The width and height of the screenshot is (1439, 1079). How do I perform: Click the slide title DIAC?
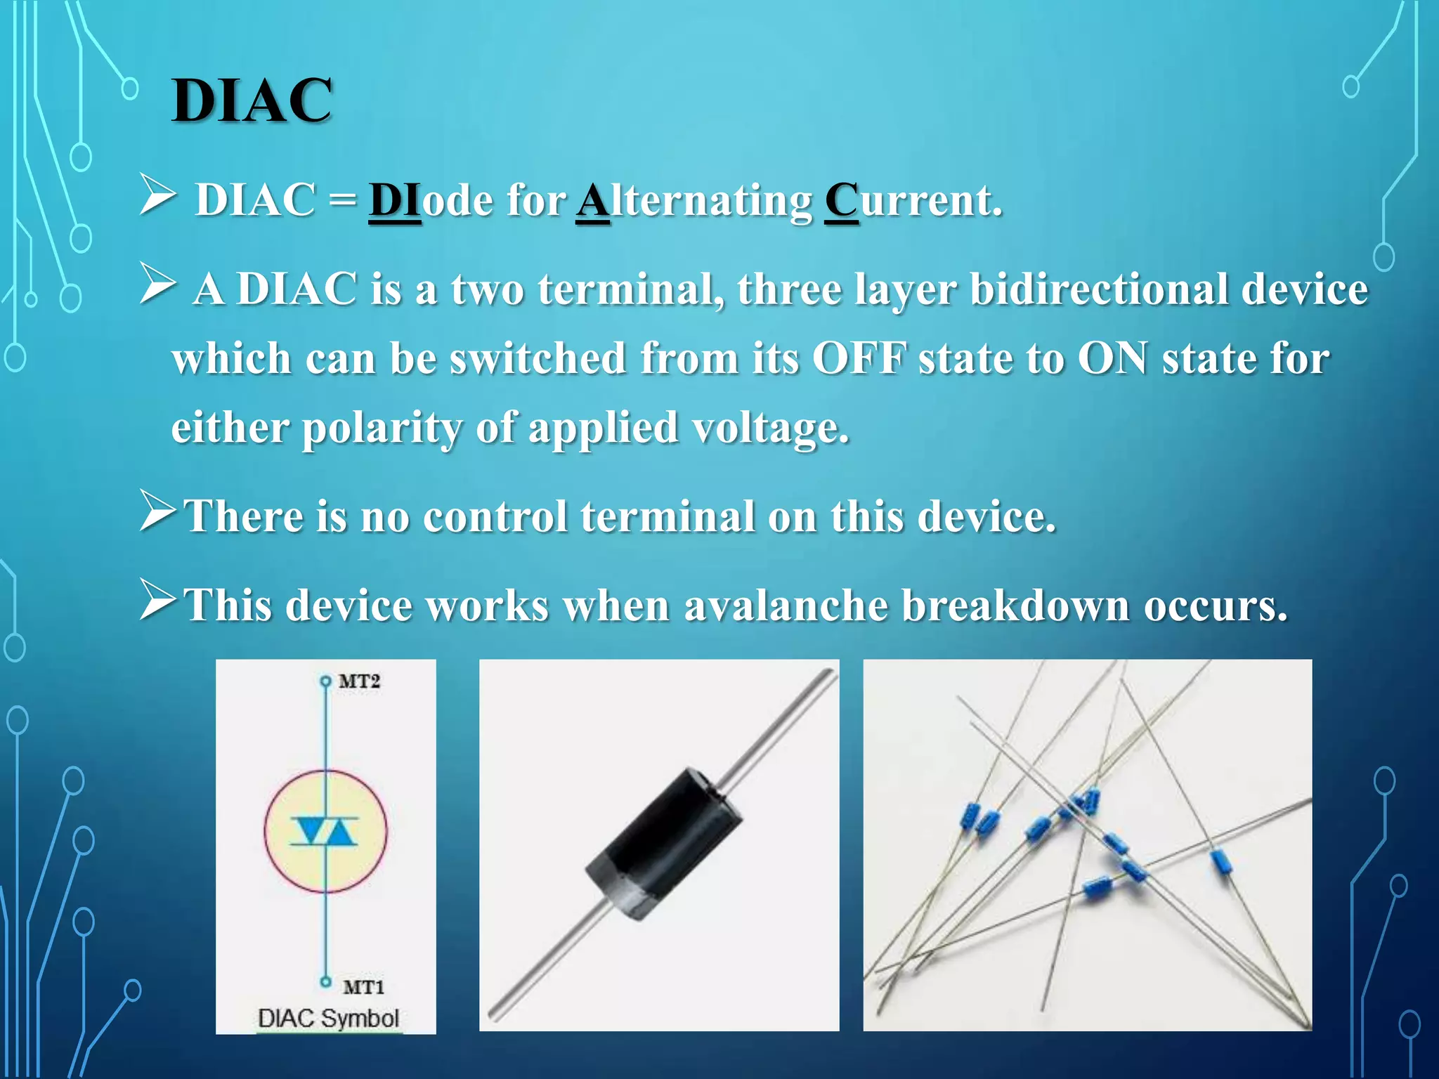click(252, 100)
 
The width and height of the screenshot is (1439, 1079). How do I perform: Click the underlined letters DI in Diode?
click(394, 200)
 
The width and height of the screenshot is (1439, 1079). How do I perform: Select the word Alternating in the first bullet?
click(694, 202)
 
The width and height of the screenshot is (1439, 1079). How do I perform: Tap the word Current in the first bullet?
click(912, 200)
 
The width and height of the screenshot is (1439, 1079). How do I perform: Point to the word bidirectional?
click(1098, 289)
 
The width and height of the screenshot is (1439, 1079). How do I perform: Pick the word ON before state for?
click(1112, 358)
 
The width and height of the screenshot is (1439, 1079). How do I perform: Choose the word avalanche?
click(786, 605)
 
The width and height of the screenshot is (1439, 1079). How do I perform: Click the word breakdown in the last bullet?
click(1015, 605)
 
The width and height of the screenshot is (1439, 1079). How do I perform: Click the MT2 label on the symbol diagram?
click(359, 681)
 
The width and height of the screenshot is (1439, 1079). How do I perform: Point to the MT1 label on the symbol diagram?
click(363, 987)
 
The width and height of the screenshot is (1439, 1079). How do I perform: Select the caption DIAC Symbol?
click(328, 1018)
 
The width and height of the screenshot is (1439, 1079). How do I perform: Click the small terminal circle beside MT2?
click(325, 681)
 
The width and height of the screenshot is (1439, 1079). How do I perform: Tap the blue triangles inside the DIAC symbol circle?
click(325, 831)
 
